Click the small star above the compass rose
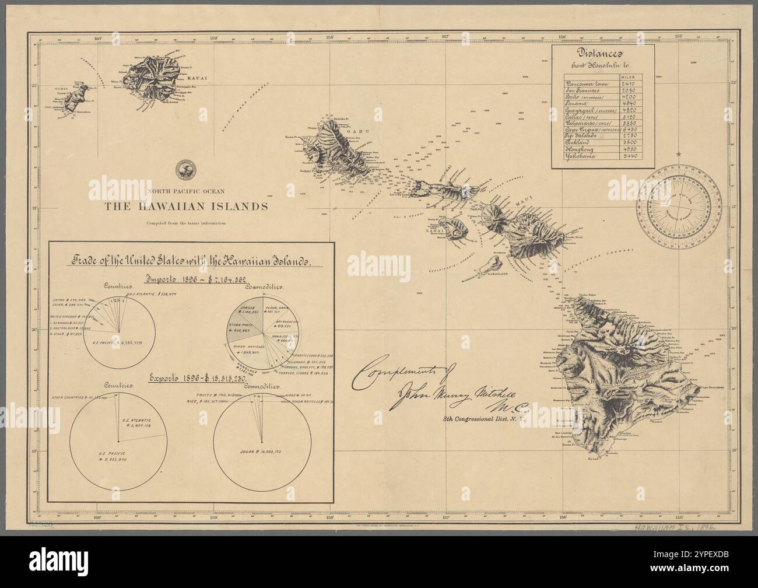tap(678, 154)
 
